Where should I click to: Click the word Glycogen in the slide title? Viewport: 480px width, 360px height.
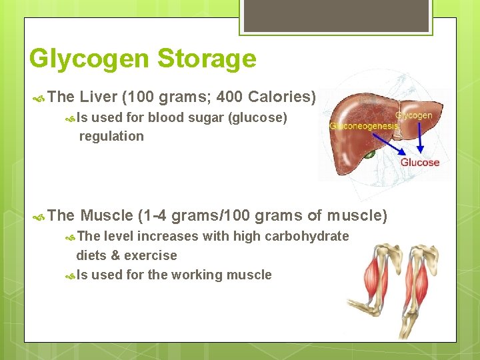(90, 59)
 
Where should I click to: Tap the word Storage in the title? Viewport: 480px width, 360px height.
(207, 59)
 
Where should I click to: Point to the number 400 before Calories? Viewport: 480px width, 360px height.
(229, 97)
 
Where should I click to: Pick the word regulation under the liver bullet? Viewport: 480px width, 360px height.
(111, 136)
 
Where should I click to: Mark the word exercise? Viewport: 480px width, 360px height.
(151, 255)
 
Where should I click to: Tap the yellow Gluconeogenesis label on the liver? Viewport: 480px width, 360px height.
(364, 125)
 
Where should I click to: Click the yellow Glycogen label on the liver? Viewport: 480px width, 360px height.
(413, 115)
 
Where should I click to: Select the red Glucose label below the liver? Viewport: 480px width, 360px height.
(419, 162)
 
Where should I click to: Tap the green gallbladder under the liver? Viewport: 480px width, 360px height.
(369, 154)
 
